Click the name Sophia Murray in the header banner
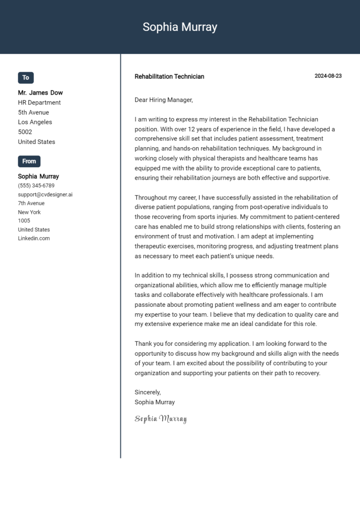coord(180,27)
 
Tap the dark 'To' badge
coord(26,78)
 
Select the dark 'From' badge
coord(29,161)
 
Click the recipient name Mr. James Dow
coord(40,93)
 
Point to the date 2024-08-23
coord(328,76)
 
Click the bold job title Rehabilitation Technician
coord(169,76)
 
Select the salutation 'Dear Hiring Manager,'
coord(164,100)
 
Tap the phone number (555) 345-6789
coord(36,186)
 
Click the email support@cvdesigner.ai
coord(45,194)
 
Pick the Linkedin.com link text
coord(34,238)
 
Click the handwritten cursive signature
coord(160,418)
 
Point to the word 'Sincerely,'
coord(148,392)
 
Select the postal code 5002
coord(25,132)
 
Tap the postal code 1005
coord(24,221)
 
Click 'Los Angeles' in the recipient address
coord(35,122)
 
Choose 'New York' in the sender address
coord(29,212)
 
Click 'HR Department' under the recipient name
coord(39,103)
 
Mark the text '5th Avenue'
coord(33,112)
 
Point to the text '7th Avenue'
coord(31,203)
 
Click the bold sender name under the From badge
coord(38,177)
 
